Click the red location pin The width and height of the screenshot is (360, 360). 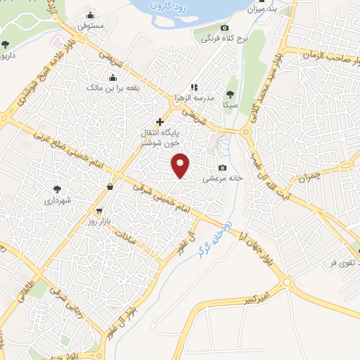click(181, 165)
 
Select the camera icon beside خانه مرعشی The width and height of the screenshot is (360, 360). click(223, 167)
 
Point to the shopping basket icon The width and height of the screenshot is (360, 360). click(110, 186)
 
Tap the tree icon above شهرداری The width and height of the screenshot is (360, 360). click(57, 188)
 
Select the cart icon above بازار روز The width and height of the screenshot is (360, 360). click(99, 210)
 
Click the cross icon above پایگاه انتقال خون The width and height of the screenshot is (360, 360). click(160, 122)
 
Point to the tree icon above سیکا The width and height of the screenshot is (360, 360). click(230, 94)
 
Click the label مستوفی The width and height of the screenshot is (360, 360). click(91, 25)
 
